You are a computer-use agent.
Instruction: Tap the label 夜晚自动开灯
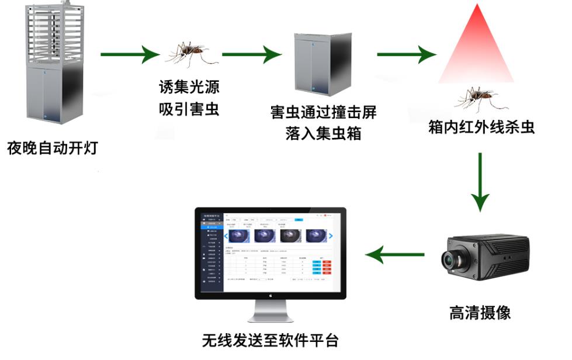click(52, 147)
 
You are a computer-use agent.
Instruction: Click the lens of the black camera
click(452, 260)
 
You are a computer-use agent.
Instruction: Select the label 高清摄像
click(480, 313)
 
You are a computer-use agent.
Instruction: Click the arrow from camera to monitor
click(394, 254)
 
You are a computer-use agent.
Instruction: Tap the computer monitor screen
click(270, 251)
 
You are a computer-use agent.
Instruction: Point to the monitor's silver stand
click(270, 313)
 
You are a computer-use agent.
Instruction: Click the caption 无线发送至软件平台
click(270, 340)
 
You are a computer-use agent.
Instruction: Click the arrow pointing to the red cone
click(407, 55)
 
